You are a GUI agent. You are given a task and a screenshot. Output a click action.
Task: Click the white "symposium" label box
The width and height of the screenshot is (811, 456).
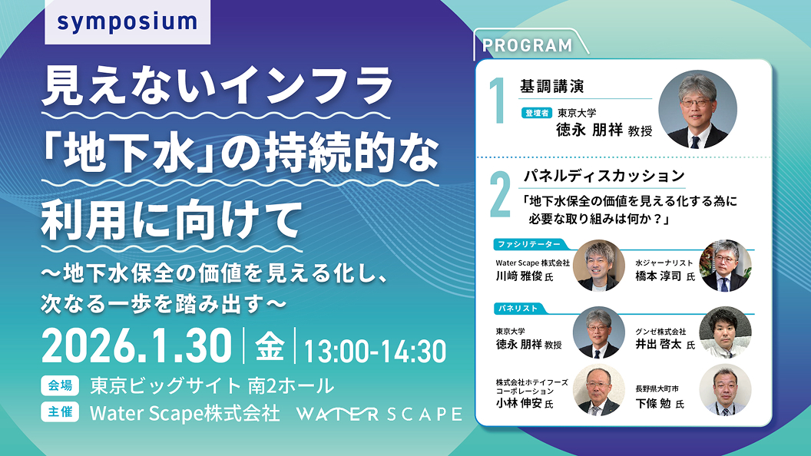click(x=127, y=21)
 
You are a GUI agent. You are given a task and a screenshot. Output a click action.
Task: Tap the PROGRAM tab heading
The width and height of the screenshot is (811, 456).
click(x=527, y=45)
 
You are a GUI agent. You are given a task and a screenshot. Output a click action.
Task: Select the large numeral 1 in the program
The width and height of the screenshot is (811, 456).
click(x=498, y=101)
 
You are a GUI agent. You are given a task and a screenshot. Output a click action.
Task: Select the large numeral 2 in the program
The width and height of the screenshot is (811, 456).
click(x=500, y=194)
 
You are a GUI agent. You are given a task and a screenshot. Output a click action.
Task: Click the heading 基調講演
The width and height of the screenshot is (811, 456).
click(x=552, y=86)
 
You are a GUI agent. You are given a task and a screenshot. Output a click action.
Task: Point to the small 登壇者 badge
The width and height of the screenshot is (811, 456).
click(x=537, y=113)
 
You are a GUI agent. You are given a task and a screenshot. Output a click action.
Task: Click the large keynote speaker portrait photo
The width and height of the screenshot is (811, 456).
click(x=697, y=110)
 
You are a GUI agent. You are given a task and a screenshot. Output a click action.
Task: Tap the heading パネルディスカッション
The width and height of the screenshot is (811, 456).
click(x=604, y=176)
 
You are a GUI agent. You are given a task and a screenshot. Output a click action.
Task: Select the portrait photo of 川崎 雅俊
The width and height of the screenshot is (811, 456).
click(x=599, y=265)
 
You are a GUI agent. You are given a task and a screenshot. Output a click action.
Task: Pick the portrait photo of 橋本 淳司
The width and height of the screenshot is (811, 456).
click(x=725, y=265)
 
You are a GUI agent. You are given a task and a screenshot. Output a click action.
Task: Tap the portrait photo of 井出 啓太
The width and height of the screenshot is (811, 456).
click(x=725, y=332)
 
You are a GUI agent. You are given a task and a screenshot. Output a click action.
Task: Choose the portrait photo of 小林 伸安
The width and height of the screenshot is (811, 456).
click(x=599, y=390)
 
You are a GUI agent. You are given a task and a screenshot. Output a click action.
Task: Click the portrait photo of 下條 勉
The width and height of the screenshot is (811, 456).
click(x=725, y=390)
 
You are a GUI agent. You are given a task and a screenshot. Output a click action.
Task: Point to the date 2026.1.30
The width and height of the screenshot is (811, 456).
click(x=137, y=346)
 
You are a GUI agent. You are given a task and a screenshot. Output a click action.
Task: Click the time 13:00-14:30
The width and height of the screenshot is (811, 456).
click(x=375, y=351)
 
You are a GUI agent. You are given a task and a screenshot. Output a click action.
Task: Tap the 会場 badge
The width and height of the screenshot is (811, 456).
click(x=60, y=385)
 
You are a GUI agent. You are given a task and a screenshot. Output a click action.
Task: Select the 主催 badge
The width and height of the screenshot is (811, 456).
click(x=60, y=412)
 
